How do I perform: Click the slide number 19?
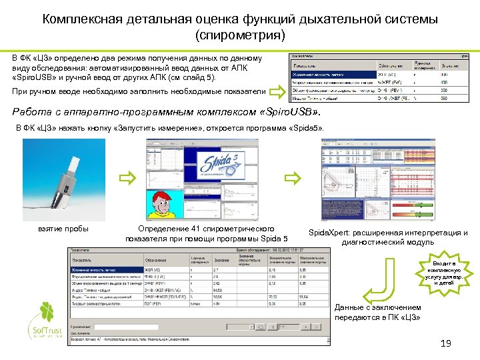(x=446, y=343)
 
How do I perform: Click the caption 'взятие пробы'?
(x=65, y=229)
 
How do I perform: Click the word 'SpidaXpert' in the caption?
(x=331, y=233)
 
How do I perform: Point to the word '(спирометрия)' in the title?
(x=240, y=33)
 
